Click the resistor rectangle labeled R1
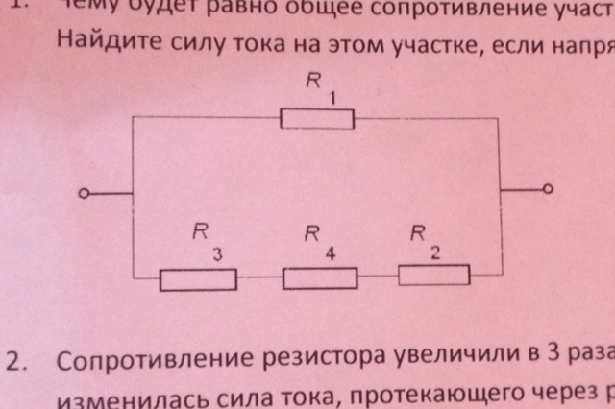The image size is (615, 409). pyautogui.click(x=317, y=119)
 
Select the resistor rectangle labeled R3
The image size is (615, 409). pyautogui.click(x=198, y=280)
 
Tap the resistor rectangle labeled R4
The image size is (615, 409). pyautogui.click(x=320, y=278)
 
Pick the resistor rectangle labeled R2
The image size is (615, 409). pyautogui.click(x=434, y=276)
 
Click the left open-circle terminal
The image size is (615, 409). pyautogui.click(x=85, y=195)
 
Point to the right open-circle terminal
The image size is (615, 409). pyautogui.click(x=548, y=190)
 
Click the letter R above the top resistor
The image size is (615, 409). pyautogui.click(x=312, y=83)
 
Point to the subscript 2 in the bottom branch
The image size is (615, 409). pyautogui.click(x=435, y=253)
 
